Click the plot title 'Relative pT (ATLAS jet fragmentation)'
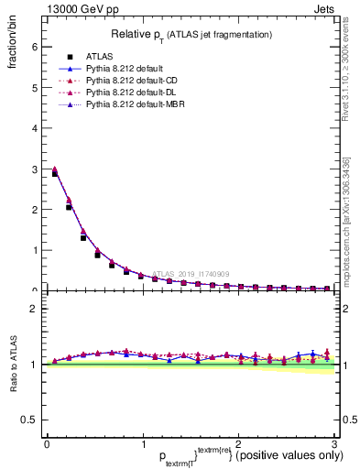191,34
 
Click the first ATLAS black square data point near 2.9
55,173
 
